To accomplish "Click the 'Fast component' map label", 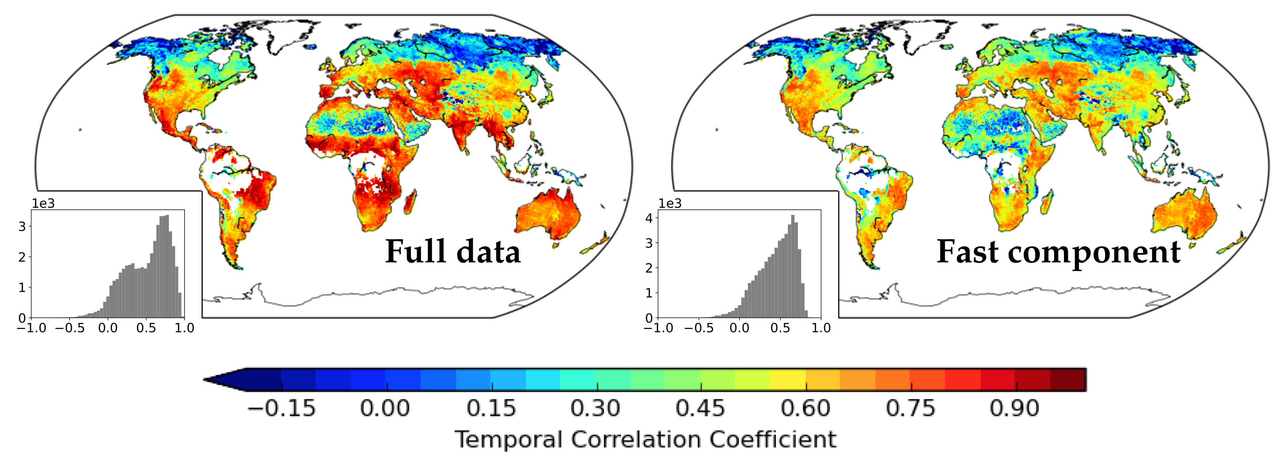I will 1058,252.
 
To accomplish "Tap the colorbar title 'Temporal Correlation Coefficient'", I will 645,439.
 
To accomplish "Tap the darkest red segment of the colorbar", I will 1068,380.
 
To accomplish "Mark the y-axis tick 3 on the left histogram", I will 22,226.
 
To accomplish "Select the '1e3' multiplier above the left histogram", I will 43,203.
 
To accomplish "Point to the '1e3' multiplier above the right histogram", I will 670,203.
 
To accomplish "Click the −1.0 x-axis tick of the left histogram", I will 31,328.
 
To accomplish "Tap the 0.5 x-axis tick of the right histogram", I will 780,328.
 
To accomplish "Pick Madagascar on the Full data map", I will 411,202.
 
